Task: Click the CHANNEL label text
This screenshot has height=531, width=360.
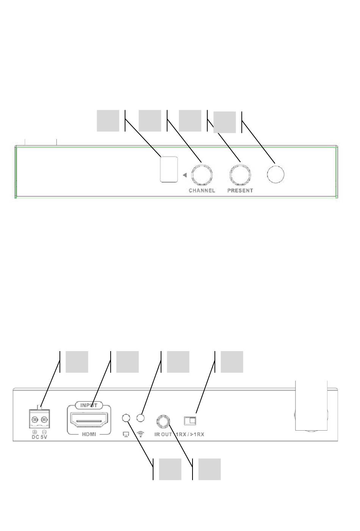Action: tap(202, 191)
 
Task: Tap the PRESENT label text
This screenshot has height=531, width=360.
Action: tap(240, 191)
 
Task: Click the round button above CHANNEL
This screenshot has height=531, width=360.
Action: tap(202, 175)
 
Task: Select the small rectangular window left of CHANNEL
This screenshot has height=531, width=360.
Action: tap(169, 169)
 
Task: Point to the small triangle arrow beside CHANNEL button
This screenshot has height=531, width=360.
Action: tap(185, 175)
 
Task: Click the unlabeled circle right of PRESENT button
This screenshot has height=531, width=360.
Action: tap(275, 175)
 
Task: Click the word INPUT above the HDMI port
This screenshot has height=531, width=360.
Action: tap(89, 405)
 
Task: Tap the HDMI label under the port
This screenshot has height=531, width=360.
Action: tap(89, 434)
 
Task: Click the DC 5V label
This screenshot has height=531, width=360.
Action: tap(39, 437)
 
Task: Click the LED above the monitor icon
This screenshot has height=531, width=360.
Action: tap(127, 418)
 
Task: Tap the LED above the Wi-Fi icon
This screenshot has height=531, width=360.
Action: tap(141, 418)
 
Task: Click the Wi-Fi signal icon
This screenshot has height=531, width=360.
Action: tap(141, 434)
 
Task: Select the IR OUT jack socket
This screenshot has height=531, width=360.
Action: tap(163, 420)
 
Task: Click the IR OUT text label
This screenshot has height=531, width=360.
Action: tap(163, 434)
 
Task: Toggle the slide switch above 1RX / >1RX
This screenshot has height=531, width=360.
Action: tap(190, 420)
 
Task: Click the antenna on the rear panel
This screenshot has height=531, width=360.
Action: tap(311, 405)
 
